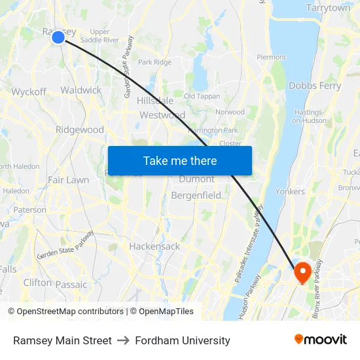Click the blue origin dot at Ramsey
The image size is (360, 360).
tap(58, 37)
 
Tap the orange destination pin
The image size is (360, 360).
tap(302, 272)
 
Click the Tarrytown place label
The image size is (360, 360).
tap(328, 9)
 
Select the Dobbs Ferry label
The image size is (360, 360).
tap(315, 86)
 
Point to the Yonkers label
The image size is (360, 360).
tap(290, 192)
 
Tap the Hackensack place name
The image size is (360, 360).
tap(154, 247)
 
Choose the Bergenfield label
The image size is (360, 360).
tap(196, 195)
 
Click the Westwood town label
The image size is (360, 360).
tap(162, 115)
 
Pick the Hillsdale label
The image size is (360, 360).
tap(155, 101)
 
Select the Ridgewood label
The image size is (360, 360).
tap(80, 130)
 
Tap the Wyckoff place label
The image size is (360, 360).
tap(29, 92)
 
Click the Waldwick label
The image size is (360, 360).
tap(81, 90)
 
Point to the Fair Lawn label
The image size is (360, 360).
tap(68, 179)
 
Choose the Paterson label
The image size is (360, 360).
tap(30, 210)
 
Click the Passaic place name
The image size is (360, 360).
tap(71, 285)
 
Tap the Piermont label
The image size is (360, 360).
tap(271, 58)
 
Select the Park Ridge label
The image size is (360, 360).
tap(154, 62)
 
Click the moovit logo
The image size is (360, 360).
tap(320, 340)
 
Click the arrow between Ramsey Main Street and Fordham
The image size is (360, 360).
tap(123, 340)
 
